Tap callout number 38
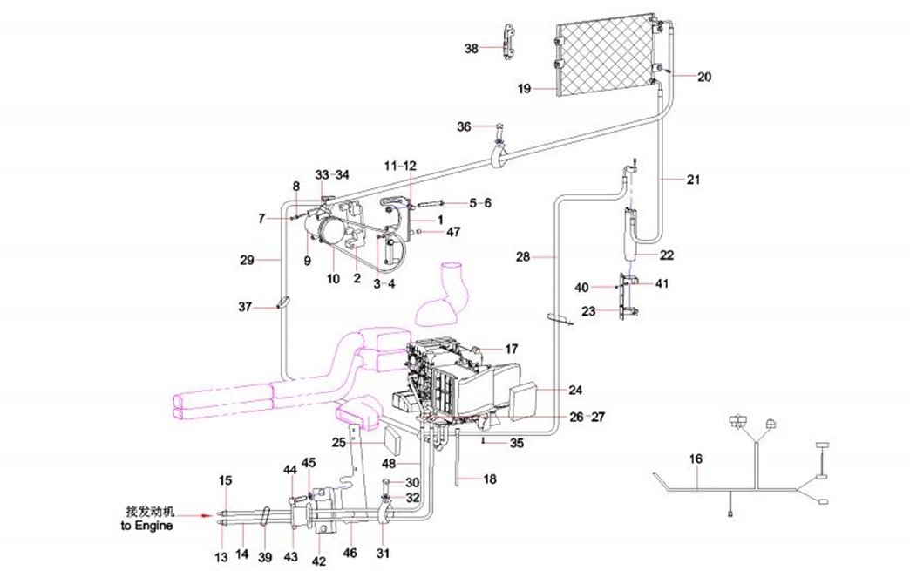[x=471, y=49]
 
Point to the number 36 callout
[x=464, y=127]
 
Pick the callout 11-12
[x=400, y=165]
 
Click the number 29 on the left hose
[x=247, y=260]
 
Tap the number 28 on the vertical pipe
[x=523, y=257]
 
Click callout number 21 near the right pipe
[x=693, y=180]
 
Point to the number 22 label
[x=666, y=255]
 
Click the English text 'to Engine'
[x=146, y=526]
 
